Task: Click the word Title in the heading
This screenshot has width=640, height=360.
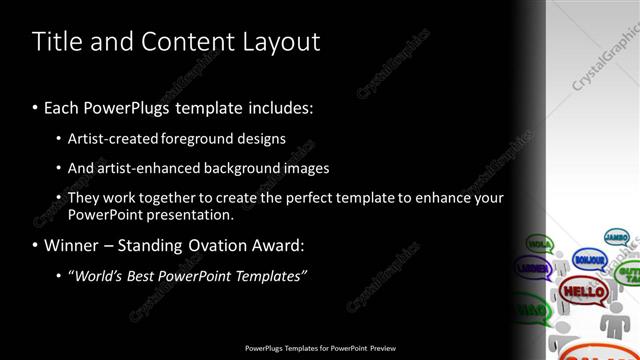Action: (57, 42)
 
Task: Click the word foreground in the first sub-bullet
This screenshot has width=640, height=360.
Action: (195, 139)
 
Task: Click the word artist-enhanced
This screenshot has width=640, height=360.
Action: (149, 168)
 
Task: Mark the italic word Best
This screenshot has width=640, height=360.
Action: (145, 275)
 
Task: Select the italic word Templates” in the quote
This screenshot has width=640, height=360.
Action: (269, 275)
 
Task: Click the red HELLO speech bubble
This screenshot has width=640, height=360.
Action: (582, 292)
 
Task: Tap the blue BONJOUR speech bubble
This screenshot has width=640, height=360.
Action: (589, 260)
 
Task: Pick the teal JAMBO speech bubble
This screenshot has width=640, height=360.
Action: (616, 237)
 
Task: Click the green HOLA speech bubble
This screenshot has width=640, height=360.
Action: (539, 243)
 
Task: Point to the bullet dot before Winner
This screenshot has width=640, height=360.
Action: (35, 245)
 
